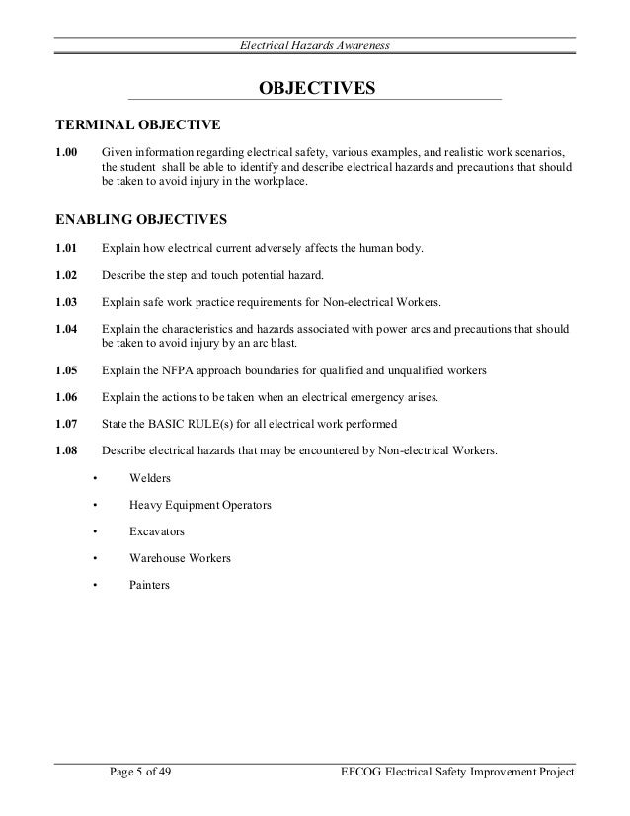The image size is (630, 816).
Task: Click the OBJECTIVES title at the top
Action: (x=316, y=90)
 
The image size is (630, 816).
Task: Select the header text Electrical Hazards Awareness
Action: (x=316, y=46)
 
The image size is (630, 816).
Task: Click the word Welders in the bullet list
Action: (x=150, y=478)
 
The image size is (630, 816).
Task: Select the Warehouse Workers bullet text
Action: (x=180, y=558)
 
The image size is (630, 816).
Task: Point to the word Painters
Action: (x=149, y=585)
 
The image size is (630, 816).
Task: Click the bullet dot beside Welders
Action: (x=94, y=479)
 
